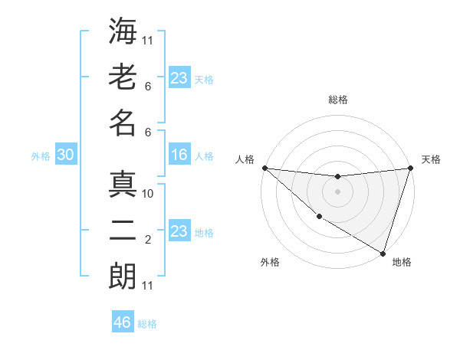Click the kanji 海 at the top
pos(123,32)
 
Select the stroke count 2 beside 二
pos(148,240)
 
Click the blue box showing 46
pos(123,322)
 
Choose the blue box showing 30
pos(65,155)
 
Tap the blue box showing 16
pos(179,155)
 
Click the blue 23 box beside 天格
pos(179,77)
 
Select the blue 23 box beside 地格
pos(179,231)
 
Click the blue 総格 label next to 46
pos(147,324)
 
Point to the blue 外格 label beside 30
pos(41,156)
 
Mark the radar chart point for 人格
pos(264,168)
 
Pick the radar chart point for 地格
pos(383,253)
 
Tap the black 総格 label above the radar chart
pos(338,100)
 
